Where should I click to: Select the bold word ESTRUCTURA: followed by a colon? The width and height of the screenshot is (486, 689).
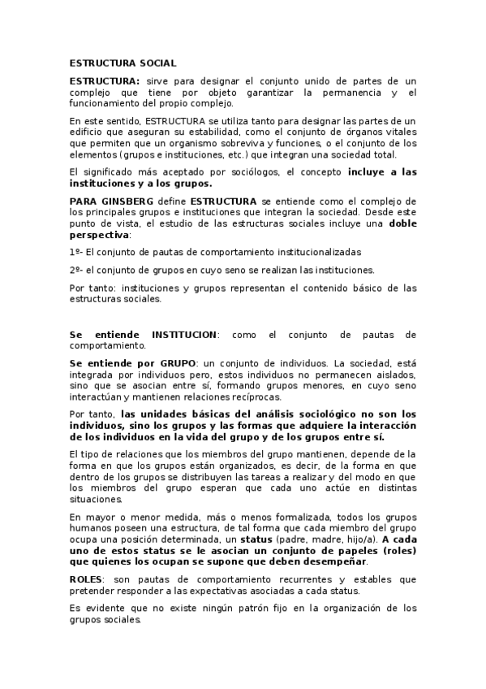click(105, 81)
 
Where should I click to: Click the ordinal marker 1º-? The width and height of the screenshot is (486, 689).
click(76, 252)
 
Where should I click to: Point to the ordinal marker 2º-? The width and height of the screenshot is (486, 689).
click(76, 270)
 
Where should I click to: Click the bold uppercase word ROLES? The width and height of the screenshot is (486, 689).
click(86, 578)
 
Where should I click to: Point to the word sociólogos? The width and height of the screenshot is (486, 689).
click(246, 172)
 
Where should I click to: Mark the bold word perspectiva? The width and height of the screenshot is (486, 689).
click(99, 234)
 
